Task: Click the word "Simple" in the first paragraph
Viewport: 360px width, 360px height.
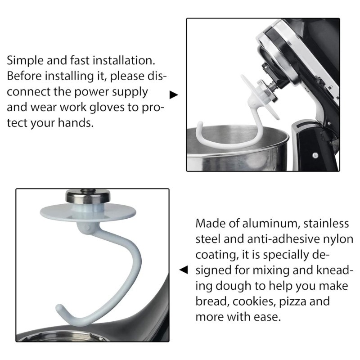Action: click(25, 61)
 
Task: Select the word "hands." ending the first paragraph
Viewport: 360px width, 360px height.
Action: click(76, 122)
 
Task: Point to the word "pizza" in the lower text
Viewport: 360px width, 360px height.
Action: click(292, 301)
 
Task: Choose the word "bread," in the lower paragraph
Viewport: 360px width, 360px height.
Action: click(212, 301)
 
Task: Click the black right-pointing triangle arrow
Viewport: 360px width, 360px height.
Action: click(174, 95)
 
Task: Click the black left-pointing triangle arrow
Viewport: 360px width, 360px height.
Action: click(184, 270)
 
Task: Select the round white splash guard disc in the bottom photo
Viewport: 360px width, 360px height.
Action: click(88, 212)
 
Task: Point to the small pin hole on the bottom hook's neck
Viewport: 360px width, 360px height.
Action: click(87, 228)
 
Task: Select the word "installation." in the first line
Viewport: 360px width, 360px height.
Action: click(124, 61)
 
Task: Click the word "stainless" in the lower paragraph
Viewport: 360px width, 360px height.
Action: click(326, 223)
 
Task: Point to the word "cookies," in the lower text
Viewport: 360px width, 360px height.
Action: click(254, 301)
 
